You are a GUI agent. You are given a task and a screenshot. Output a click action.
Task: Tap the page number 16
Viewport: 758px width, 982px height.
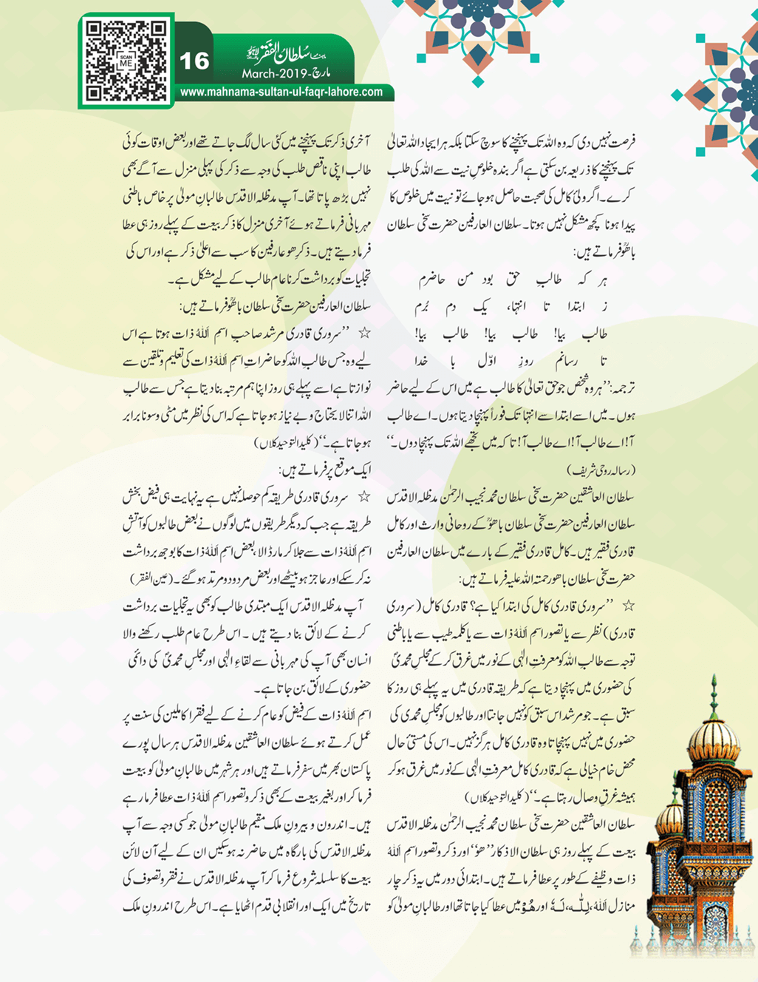(x=194, y=61)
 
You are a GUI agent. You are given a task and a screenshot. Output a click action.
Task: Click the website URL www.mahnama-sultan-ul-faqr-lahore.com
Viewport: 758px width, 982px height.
(x=281, y=92)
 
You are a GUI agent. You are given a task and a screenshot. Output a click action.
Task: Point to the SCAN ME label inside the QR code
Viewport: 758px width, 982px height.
(x=125, y=61)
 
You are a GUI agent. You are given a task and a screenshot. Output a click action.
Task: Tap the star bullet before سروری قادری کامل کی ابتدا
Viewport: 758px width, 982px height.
(x=628, y=606)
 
